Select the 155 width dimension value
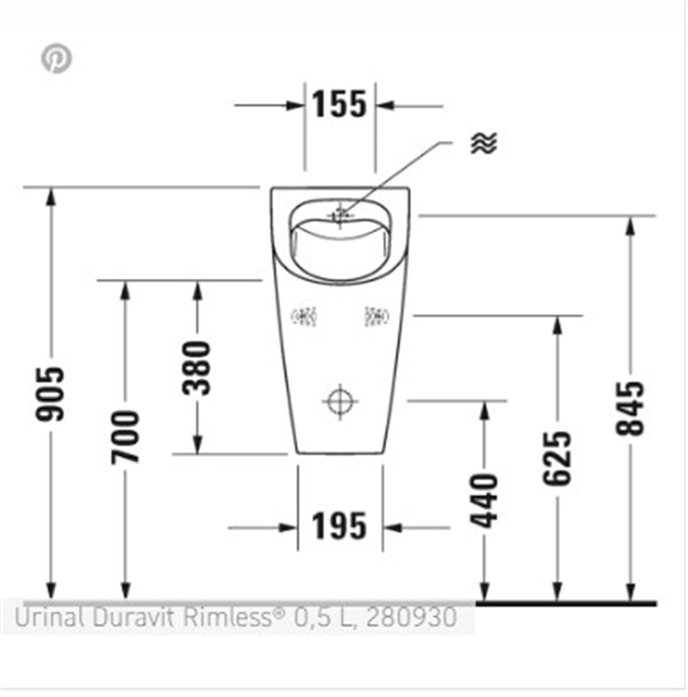[x=339, y=104]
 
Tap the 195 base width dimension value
[x=339, y=526]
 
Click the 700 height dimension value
[x=125, y=437]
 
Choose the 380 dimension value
[x=197, y=368]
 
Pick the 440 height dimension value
[x=484, y=500]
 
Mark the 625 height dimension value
[x=557, y=458]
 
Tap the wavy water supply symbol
[x=484, y=143]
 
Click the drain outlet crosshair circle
[x=340, y=401]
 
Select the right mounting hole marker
[x=376, y=316]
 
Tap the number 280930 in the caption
[x=411, y=617]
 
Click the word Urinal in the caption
[x=49, y=617]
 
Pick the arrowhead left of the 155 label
[x=295, y=106]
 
